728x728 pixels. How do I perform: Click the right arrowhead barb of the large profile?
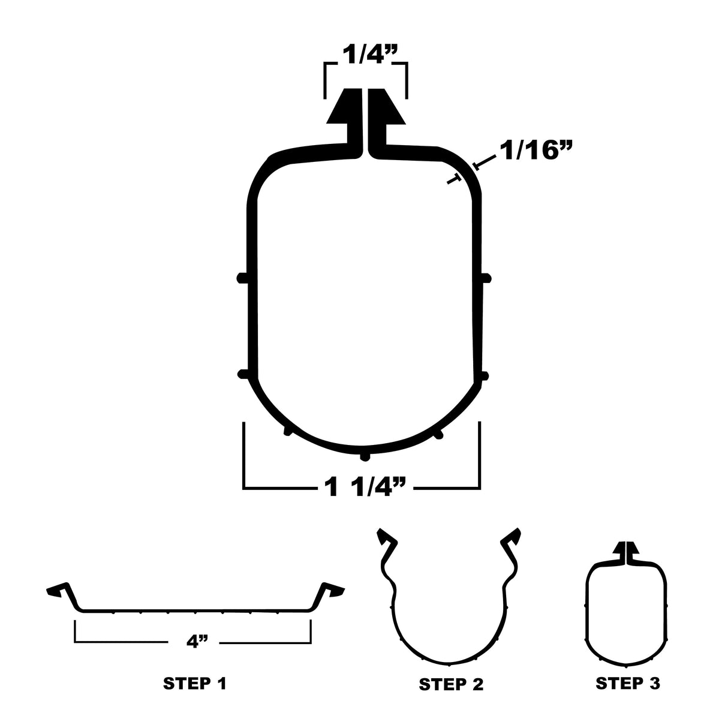click(x=389, y=109)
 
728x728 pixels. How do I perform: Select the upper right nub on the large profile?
click(x=488, y=277)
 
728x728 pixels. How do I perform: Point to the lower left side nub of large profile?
click(x=242, y=374)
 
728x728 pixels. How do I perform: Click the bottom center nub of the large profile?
click(x=365, y=457)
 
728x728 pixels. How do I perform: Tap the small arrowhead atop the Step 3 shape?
click(x=627, y=549)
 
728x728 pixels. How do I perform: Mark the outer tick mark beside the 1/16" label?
click(x=476, y=164)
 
